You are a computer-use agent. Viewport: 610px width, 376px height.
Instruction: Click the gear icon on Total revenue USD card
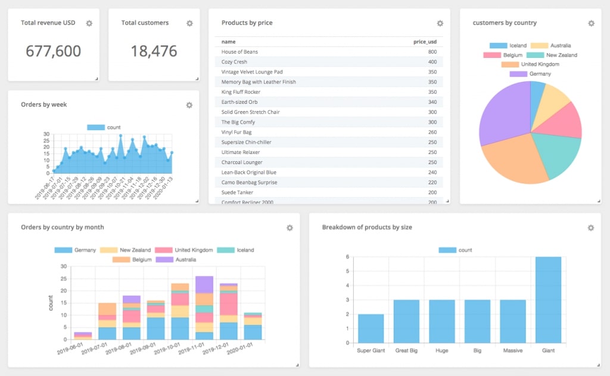(x=89, y=23)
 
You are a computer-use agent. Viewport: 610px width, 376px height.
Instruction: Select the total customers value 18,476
(x=154, y=51)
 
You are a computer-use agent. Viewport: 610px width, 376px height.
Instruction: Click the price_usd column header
(x=425, y=42)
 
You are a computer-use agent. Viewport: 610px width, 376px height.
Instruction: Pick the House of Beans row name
(x=239, y=52)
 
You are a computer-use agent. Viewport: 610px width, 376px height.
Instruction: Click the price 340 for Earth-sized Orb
(x=432, y=102)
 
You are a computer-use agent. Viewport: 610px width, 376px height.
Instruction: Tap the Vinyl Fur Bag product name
(x=236, y=132)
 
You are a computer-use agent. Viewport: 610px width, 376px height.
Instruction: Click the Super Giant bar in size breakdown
(x=371, y=328)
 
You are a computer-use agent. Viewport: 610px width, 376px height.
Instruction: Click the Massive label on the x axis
(x=512, y=350)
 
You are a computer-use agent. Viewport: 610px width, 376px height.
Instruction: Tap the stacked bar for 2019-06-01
(x=82, y=336)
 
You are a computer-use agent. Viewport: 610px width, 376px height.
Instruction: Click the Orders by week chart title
(x=44, y=104)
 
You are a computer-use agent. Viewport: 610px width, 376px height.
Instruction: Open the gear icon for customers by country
(x=591, y=23)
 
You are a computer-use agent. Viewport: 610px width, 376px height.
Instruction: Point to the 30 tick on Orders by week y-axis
(x=46, y=134)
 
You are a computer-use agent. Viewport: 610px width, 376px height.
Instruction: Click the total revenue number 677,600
(x=53, y=51)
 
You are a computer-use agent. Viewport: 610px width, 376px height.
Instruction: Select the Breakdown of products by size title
(x=367, y=227)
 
